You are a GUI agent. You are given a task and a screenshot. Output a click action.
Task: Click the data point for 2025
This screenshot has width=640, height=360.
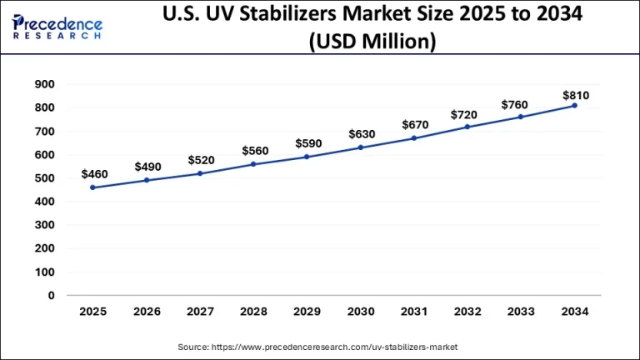coord(92,187)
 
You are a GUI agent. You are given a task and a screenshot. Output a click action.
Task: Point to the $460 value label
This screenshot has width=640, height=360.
coord(94,173)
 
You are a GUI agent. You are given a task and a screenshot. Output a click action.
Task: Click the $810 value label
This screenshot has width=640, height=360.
coord(576,95)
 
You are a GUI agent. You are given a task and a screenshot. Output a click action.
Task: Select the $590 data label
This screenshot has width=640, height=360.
coord(308,143)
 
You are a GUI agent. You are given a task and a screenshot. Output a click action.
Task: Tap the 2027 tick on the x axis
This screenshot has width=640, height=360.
coord(200,312)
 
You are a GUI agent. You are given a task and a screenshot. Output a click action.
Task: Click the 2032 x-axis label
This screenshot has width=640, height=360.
coord(468,312)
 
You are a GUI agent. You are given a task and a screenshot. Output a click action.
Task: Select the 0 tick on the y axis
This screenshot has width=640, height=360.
coord(51,295)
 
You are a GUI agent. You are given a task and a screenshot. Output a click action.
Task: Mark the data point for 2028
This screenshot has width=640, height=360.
coord(254,164)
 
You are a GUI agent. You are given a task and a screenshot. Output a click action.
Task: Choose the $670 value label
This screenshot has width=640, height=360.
coord(415,125)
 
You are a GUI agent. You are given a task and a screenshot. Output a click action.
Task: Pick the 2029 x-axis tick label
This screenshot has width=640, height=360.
coord(307,312)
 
